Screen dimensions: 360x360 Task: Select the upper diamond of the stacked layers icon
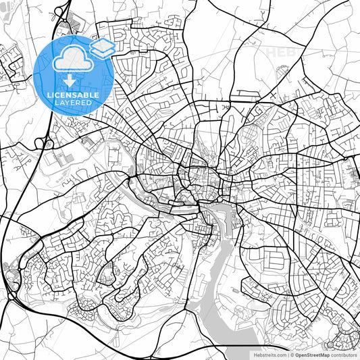[102, 44]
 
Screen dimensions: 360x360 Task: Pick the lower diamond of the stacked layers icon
[102, 52]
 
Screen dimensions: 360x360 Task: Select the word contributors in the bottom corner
[343, 355]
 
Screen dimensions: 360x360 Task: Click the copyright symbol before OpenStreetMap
[292, 355]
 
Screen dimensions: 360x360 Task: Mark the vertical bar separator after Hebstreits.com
[288, 355]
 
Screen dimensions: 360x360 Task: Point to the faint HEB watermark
[279, 51]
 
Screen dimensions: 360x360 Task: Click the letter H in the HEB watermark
[271, 51]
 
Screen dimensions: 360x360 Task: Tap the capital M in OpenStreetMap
[319, 355]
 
